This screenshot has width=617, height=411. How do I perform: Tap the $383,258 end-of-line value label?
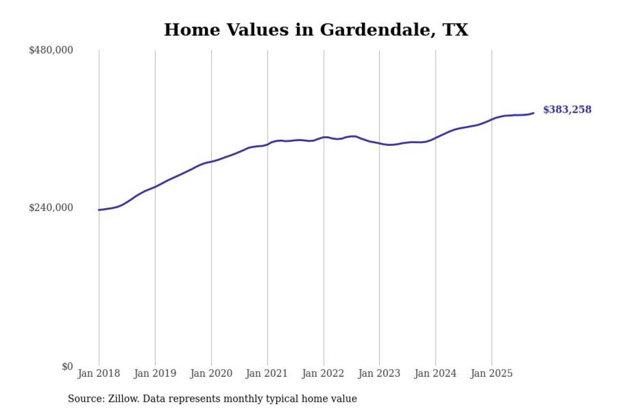567,110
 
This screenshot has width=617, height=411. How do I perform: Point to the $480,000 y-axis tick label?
51,50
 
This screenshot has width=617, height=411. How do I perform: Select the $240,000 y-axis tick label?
51,208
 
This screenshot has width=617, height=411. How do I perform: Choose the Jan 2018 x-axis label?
99,373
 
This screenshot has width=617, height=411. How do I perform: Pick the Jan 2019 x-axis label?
155,373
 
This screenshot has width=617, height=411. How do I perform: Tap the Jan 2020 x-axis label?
211,373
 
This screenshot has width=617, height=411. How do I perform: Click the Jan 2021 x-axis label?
268,373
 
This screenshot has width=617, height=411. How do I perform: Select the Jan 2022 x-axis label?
323,373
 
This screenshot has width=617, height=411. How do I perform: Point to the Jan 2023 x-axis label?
379,373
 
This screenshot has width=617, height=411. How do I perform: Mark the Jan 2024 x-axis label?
436,373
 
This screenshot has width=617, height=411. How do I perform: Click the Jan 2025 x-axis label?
492,373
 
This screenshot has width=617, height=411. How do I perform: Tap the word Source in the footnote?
82,399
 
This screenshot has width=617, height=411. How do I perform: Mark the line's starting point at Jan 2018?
99,210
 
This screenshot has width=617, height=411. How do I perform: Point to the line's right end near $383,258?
533,113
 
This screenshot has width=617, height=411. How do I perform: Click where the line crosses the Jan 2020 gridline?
211,161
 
